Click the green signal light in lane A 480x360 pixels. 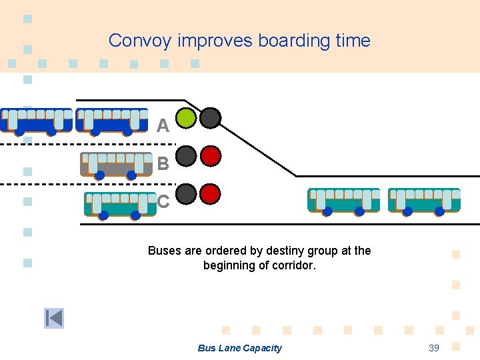[187, 118]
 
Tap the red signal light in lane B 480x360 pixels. [211, 156]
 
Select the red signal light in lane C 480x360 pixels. [211, 194]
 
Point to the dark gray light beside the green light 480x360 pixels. [211, 118]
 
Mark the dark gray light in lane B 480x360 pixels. [187, 156]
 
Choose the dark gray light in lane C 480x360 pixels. [187, 194]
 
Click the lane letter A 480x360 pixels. [163, 125]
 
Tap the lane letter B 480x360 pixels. [163, 163]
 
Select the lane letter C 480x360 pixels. [163, 201]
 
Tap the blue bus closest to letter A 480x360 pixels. [112, 121]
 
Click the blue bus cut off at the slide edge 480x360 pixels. [35, 121]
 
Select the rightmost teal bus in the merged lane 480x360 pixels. [425, 201]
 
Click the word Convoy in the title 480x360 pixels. [141, 41]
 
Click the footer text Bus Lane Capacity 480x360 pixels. [239, 348]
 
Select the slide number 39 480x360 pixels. [434, 348]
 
